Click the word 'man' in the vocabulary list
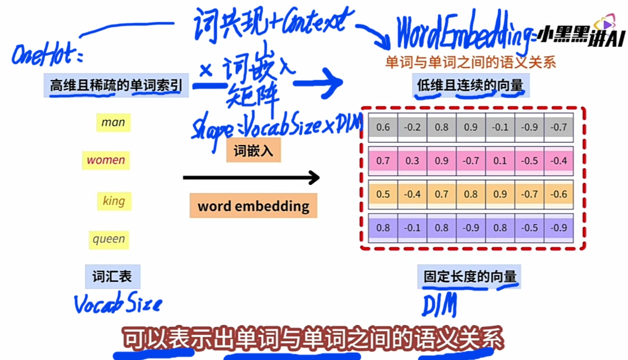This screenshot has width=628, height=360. (113, 122)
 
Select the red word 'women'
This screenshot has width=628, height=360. (106, 160)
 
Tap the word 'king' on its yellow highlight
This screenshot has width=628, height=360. (113, 201)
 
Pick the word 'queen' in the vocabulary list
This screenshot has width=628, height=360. (108, 239)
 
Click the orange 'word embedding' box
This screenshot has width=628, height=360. (253, 206)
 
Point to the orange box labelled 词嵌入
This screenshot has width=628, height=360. (253, 150)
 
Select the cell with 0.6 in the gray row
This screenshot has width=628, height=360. (383, 127)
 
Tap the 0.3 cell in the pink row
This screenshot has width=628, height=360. (412, 160)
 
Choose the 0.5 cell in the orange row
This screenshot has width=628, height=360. (383, 194)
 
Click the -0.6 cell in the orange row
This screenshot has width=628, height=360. (559, 194)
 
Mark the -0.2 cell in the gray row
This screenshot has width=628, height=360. (412, 127)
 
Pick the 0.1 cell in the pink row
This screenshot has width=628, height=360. (500, 160)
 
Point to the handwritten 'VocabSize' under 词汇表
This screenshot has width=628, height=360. (118, 303)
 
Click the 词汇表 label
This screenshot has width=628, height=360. (112, 276)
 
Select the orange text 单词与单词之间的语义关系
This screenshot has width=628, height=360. (470, 62)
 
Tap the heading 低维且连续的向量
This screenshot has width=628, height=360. (470, 85)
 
